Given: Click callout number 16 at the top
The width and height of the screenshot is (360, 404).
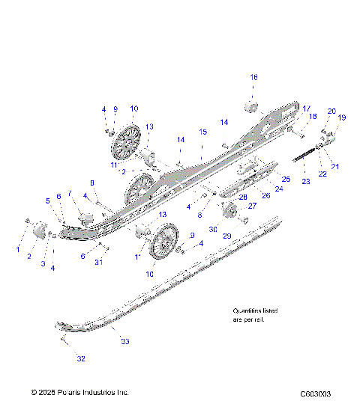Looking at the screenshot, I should click(253, 77).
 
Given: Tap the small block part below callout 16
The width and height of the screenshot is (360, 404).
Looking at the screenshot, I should click(252, 104).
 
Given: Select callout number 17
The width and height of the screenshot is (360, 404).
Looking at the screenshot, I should click(306, 108).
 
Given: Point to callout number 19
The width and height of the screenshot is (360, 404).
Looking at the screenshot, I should click(342, 117).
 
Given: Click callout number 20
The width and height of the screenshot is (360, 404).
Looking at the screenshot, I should click(331, 111).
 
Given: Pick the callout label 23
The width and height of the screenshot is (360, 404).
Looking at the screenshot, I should click(306, 181).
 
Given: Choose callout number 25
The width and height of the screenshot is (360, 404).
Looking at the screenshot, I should click(286, 179).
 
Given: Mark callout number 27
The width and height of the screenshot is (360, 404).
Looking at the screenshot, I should click(252, 205).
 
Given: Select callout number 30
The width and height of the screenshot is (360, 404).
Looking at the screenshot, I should click(213, 229).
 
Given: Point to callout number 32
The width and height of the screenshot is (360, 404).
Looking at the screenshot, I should click(81, 359).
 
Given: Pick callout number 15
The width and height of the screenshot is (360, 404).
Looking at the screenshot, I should click(202, 132).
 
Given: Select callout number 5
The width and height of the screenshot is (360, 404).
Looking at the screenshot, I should click(47, 201).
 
